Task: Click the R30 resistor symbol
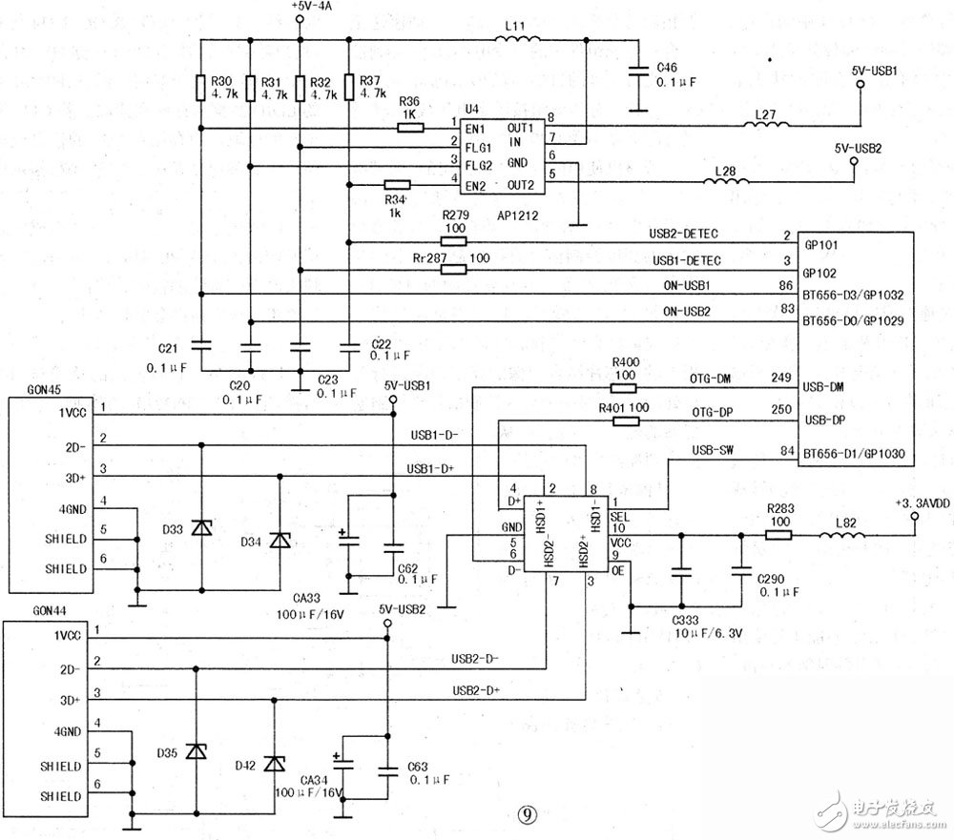pyautogui.click(x=200, y=87)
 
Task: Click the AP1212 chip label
pyautogui.click(x=517, y=216)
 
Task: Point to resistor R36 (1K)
pyautogui.click(x=411, y=128)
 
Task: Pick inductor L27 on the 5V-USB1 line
pyautogui.click(x=769, y=127)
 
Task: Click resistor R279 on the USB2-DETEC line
pyautogui.click(x=453, y=242)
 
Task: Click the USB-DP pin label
pyautogui.click(x=826, y=420)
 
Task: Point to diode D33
pyautogui.click(x=201, y=527)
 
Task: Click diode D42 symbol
pyautogui.click(x=274, y=764)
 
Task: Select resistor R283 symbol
pyautogui.click(x=778, y=535)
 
